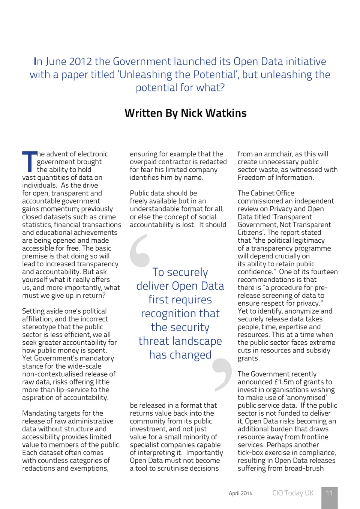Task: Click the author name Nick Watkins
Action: (x=214, y=113)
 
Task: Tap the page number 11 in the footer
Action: (x=329, y=493)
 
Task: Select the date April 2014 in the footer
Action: (x=240, y=493)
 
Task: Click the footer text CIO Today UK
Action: (x=293, y=493)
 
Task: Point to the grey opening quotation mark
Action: (x=139, y=251)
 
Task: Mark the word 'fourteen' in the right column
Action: (x=324, y=272)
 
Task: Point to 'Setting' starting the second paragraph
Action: (x=33, y=311)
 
